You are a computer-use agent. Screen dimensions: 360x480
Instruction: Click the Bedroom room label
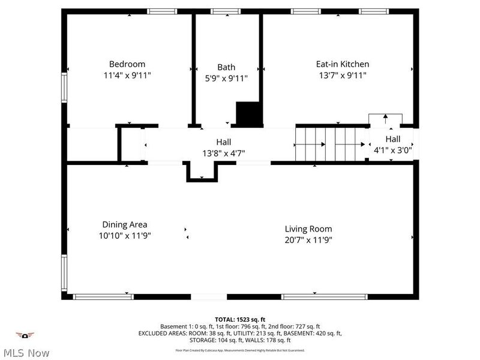127,64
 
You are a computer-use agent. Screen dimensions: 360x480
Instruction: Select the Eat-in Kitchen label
343,64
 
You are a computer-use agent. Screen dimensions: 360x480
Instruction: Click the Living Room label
308,229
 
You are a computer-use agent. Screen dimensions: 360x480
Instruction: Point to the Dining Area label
124,224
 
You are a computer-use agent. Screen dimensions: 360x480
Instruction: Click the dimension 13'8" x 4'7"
224,153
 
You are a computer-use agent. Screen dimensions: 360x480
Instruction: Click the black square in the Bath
249,114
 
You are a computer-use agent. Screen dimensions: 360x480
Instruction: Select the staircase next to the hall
331,145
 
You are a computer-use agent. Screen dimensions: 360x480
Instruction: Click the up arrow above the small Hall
385,119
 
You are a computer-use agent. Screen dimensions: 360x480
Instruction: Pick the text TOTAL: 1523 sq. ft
240,319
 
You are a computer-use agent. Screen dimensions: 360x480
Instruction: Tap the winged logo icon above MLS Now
25,335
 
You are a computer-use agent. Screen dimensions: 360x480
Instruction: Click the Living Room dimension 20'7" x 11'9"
308,239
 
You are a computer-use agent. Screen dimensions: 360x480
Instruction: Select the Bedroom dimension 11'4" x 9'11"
127,76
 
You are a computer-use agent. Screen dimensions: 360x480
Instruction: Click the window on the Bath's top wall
226,11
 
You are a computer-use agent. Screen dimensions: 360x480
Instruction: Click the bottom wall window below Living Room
325,296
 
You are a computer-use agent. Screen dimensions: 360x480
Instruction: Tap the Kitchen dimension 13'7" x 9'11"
343,76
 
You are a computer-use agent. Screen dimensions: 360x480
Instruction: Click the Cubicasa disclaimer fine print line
240,350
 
